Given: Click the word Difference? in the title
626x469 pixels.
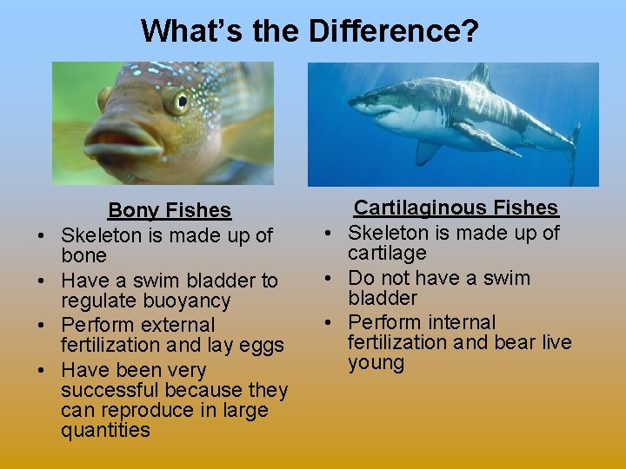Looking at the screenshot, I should tap(393, 31).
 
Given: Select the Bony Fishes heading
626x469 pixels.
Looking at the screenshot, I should tap(170, 210).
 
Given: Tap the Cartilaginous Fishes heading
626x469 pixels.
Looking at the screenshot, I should tap(456, 208).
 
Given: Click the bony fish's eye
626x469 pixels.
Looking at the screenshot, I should tap(176, 101).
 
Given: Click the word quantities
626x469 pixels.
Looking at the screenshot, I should tap(105, 430).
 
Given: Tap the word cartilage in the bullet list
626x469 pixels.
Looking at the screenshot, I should tap(387, 253).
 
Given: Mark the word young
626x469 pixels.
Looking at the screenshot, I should tap(376, 363).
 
